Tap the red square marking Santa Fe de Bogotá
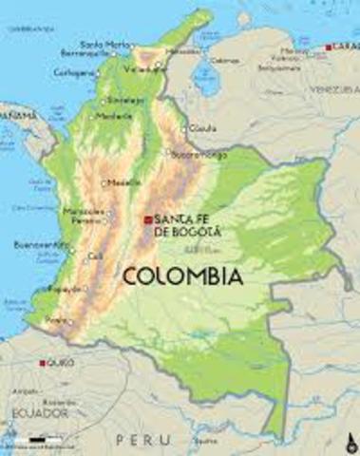tap(148, 219)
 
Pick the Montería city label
tap(111, 117)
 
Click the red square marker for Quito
tap(42, 363)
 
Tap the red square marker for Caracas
tap(329, 47)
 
